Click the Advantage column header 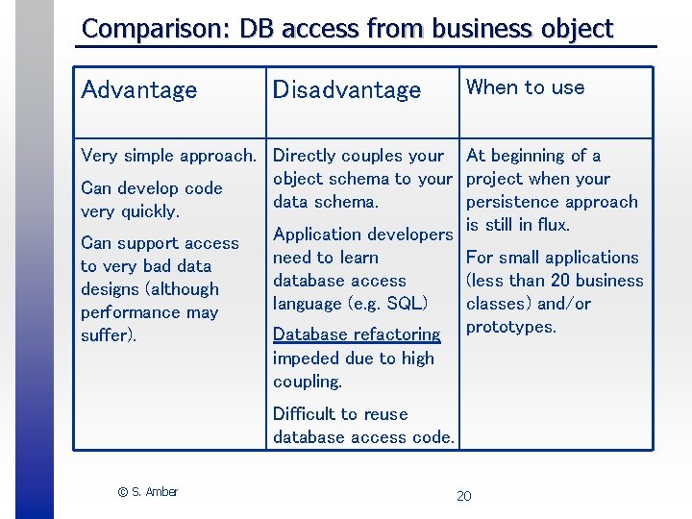coord(139,90)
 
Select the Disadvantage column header coord(347,90)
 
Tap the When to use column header coord(525,87)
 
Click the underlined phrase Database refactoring coord(357,334)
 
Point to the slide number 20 coord(463,496)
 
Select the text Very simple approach coord(168,156)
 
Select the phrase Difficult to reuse coord(340,414)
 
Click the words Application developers coord(362,235)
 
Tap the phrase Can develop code coord(151,188)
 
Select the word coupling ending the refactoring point coord(306,382)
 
